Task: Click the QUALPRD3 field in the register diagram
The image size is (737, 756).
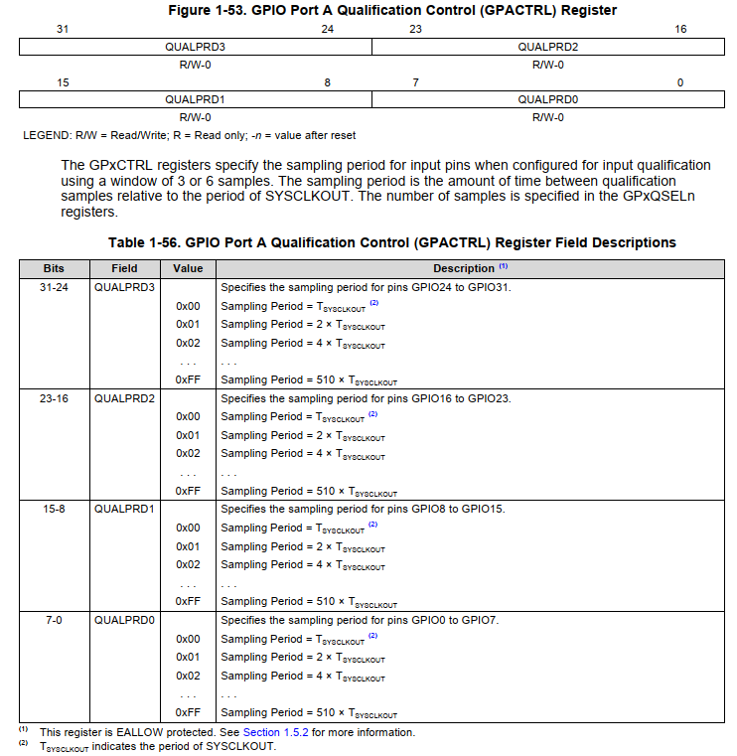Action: pyautogui.click(x=195, y=46)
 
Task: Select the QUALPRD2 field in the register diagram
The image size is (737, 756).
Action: pyautogui.click(x=547, y=46)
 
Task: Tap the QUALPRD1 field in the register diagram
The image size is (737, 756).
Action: pyautogui.click(x=195, y=99)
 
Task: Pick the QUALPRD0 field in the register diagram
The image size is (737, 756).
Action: pyautogui.click(x=547, y=99)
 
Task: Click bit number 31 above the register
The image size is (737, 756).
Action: pyautogui.click(x=63, y=29)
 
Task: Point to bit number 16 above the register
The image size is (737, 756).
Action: pyautogui.click(x=680, y=29)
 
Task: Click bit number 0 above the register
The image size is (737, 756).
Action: pyautogui.click(x=680, y=82)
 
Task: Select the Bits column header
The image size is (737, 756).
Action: pyautogui.click(x=54, y=268)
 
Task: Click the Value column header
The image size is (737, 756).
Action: pyautogui.click(x=188, y=268)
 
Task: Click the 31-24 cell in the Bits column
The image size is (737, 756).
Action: pyautogui.click(x=54, y=287)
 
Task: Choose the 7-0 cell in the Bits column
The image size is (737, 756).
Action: pyautogui.click(x=54, y=620)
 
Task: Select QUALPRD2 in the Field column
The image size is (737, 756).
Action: pyautogui.click(x=125, y=398)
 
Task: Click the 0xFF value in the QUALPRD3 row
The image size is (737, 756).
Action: pyautogui.click(x=189, y=379)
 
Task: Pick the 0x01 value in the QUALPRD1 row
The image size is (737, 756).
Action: pyautogui.click(x=189, y=546)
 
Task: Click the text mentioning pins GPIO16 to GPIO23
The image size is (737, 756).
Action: pyautogui.click(x=365, y=398)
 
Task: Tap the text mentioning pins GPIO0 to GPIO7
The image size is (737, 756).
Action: pyautogui.click(x=359, y=620)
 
